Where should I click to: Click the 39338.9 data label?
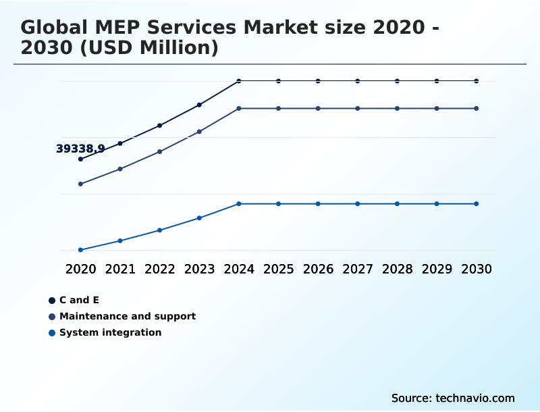click(80, 149)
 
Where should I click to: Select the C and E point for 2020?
click(80, 159)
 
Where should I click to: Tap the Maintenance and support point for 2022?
click(160, 151)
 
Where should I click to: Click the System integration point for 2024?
click(239, 204)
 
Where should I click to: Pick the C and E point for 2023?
click(199, 105)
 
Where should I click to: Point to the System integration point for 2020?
click(80, 250)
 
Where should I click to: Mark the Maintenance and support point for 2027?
click(358, 108)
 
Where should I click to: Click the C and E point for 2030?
click(477, 81)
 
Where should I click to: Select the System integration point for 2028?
click(397, 204)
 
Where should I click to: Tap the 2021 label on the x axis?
click(120, 269)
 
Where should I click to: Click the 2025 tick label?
click(278, 269)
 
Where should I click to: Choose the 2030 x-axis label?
click(477, 269)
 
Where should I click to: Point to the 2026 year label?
click(318, 269)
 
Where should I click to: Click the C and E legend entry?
click(79, 300)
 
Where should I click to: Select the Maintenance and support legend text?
click(128, 316)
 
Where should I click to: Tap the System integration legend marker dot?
click(52, 333)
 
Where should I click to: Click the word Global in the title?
click(52, 28)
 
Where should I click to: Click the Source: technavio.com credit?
click(453, 398)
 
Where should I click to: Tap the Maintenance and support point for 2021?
click(120, 169)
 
